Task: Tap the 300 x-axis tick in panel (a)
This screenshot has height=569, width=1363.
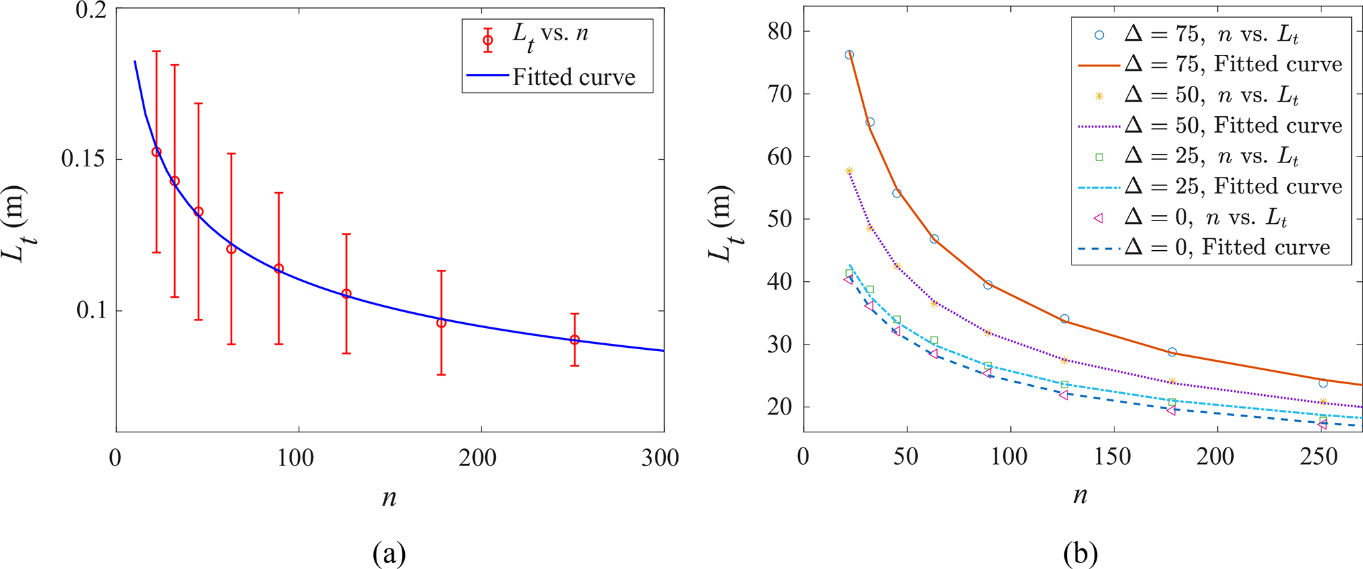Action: coord(661,457)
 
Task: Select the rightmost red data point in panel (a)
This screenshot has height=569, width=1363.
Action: coord(574,340)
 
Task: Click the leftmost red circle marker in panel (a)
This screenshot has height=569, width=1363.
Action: coord(156,152)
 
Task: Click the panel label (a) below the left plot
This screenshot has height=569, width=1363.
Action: coord(389,553)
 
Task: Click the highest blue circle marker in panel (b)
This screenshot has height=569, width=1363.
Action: coord(849,55)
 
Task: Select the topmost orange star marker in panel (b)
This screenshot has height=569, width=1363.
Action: coord(849,171)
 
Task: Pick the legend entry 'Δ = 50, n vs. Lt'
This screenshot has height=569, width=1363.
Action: coord(1211,95)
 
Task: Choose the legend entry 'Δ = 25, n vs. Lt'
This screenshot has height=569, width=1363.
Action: coord(1211,156)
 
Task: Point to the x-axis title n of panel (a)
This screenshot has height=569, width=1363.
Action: coord(389,498)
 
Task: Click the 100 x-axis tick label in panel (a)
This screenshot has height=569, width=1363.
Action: coord(295,457)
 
